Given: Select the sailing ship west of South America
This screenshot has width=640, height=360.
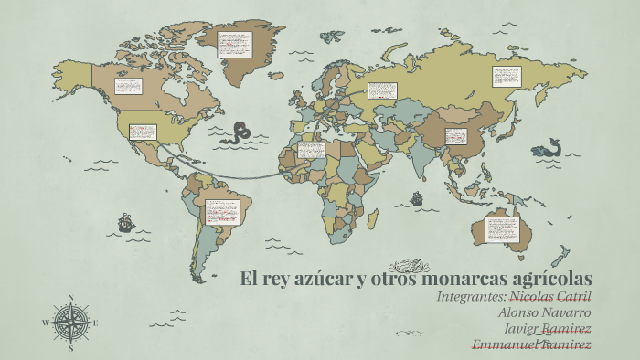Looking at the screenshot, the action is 125,221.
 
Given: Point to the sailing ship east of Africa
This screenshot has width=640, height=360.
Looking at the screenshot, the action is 417,196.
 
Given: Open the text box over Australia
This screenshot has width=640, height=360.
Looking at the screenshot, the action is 502,228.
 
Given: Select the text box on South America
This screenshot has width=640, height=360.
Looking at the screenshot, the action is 219,212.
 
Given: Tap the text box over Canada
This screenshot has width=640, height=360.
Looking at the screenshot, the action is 128,86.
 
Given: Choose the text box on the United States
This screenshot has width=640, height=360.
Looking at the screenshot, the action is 142,132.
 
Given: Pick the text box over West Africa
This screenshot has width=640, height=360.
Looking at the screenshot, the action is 311,150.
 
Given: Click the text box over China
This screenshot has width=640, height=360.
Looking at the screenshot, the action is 456,136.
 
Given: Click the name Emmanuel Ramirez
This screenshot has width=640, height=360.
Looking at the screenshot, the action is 531,344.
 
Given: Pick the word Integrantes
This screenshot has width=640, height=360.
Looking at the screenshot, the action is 470,298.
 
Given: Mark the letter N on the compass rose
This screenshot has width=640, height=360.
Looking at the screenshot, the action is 71,297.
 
